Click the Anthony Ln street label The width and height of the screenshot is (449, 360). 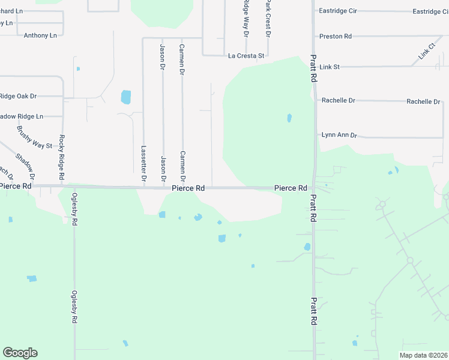pyautogui.click(x=40, y=35)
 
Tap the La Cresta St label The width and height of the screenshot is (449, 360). pyautogui.click(x=246, y=56)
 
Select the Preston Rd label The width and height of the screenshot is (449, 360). pyautogui.click(x=336, y=37)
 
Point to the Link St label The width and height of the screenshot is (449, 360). pyautogui.click(x=330, y=67)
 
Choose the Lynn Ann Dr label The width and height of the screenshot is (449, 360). pyautogui.click(x=339, y=135)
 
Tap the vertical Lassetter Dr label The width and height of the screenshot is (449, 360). pyautogui.click(x=143, y=163)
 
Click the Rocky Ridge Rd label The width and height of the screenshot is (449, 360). pyautogui.click(x=61, y=158)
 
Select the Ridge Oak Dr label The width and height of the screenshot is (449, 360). pyautogui.click(x=18, y=96)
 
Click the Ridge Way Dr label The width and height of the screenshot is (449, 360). pyautogui.click(x=246, y=18)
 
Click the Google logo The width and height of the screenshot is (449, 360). pyautogui.click(x=20, y=353)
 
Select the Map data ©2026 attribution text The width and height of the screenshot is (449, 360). pyautogui.click(x=423, y=355)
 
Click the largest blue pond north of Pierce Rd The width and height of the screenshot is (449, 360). pyautogui.click(x=126, y=97)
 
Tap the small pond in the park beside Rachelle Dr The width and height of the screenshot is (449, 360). pyautogui.click(x=289, y=118)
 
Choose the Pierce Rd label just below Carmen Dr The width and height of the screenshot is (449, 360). pyautogui.click(x=188, y=188)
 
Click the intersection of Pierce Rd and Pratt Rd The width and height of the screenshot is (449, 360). pyautogui.click(x=313, y=188)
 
